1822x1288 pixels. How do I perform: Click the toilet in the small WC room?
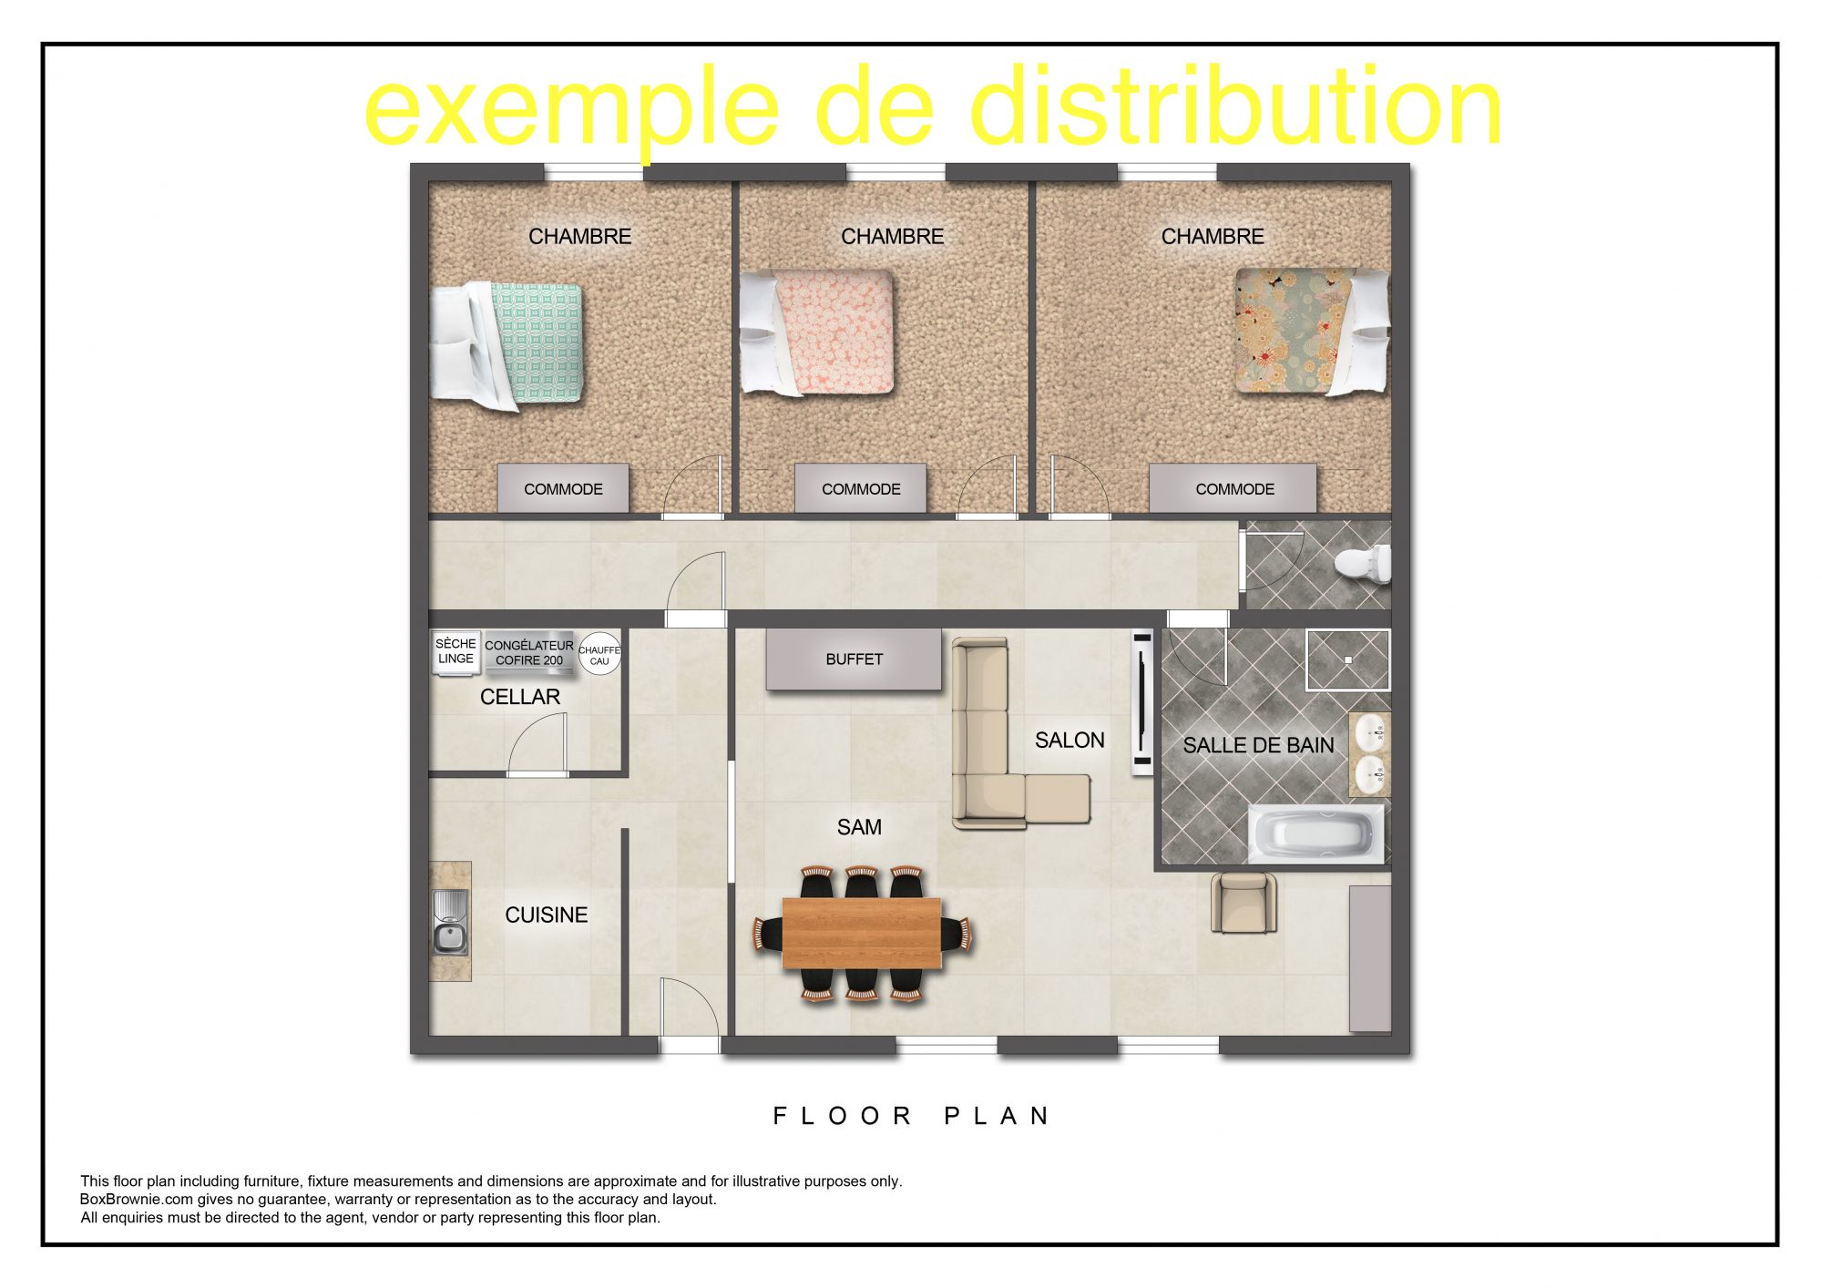[1363, 562]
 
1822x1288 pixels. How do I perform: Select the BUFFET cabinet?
[854, 659]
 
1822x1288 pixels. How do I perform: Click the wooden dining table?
[862, 933]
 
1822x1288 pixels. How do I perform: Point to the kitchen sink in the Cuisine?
[450, 922]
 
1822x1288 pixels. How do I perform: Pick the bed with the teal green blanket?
[507, 344]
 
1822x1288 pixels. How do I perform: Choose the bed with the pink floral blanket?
[817, 332]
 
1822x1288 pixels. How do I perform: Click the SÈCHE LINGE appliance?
[455, 652]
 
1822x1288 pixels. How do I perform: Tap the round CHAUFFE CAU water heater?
[599, 654]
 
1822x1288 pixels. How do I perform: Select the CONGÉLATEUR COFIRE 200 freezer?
[529, 652]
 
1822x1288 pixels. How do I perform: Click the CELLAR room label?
[520, 697]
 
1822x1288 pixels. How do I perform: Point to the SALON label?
[1070, 741]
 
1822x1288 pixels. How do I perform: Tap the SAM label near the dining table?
[859, 827]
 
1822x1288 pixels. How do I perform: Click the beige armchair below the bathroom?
[1244, 903]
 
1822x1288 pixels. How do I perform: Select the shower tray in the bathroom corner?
[1348, 659]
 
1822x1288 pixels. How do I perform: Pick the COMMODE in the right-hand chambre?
[1233, 488]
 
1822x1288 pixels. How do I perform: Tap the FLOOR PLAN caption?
[912, 1116]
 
